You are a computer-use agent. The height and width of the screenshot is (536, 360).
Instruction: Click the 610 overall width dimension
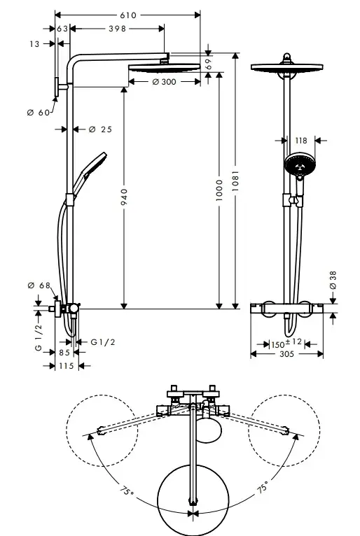pyautogui.click(x=128, y=15)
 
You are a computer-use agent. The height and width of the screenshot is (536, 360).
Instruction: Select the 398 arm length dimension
pyautogui.click(x=118, y=29)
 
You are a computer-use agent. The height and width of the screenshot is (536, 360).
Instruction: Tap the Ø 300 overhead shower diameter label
pyautogui.click(x=164, y=82)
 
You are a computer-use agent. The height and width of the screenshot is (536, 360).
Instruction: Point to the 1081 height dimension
pyautogui.click(x=235, y=181)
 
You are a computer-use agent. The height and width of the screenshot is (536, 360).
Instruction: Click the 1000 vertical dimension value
pyautogui.click(x=219, y=190)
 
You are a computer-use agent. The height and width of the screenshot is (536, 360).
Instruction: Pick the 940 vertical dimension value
pyautogui.click(x=124, y=197)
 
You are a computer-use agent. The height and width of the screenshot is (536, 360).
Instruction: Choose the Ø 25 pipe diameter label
pyautogui.click(x=100, y=129)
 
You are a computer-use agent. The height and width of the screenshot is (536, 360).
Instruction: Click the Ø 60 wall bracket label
pyautogui.click(x=39, y=113)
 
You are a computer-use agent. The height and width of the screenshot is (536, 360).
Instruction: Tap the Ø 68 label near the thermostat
pyautogui.click(x=39, y=285)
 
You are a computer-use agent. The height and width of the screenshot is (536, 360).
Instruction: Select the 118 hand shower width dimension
pyautogui.click(x=301, y=141)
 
